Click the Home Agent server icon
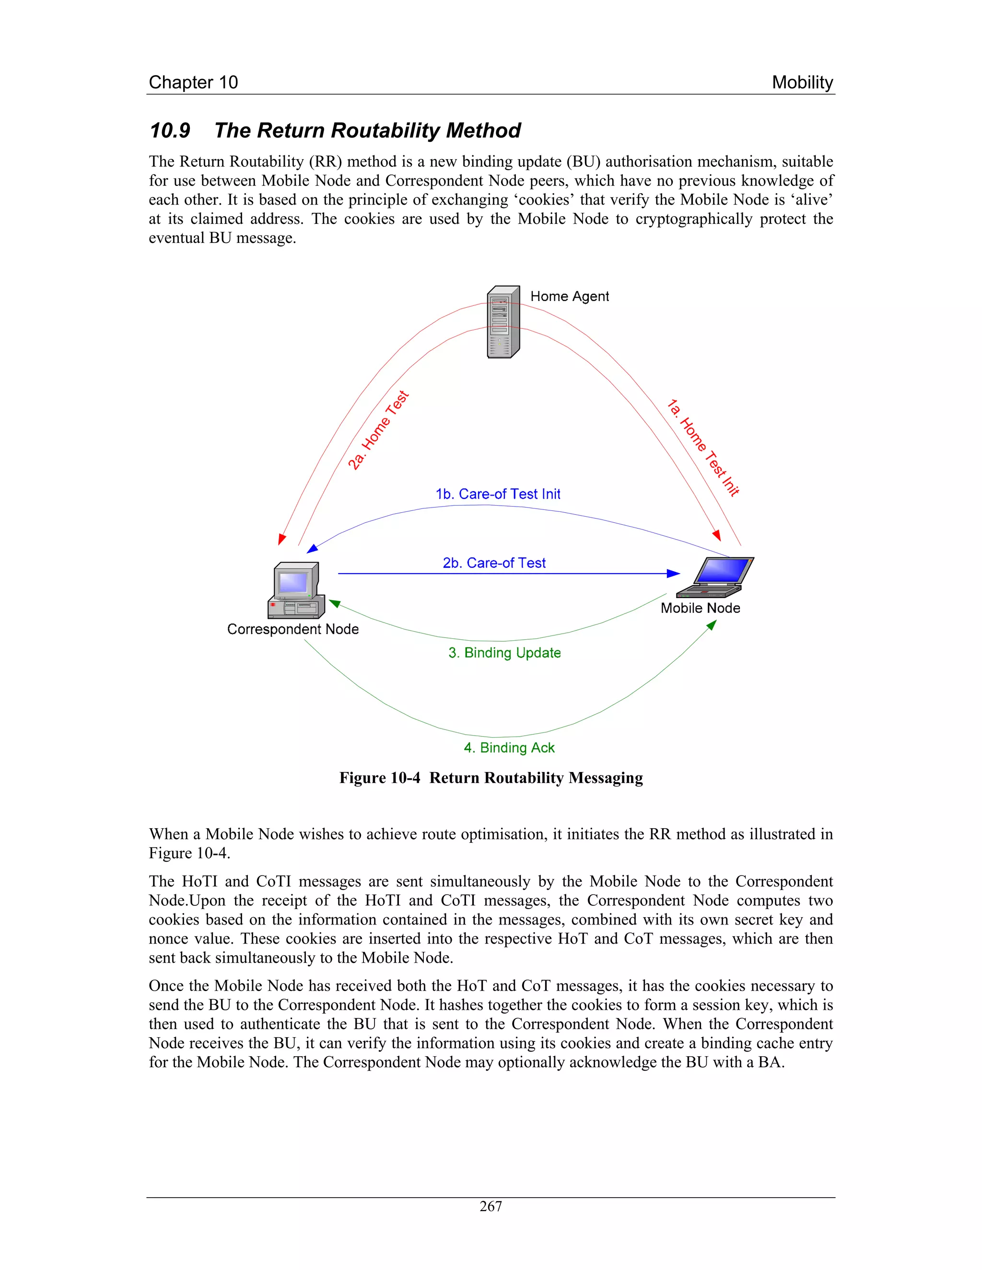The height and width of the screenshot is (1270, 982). point(503,322)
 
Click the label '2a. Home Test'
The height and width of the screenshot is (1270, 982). point(379,430)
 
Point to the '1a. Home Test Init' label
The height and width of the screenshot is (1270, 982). point(703,447)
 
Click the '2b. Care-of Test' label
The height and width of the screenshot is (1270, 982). point(494,563)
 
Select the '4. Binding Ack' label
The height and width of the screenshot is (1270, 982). point(509,748)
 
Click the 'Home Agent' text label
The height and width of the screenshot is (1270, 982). point(570,297)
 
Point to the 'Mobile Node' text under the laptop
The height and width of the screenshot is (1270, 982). point(701,608)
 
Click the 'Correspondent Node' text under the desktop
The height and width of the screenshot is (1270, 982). point(292,629)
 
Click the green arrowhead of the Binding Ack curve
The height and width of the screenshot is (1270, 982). point(712,624)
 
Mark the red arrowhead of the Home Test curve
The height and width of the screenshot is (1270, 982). point(281,539)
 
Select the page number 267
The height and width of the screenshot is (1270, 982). point(491,1207)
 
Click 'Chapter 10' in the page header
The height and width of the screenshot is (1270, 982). point(193,82)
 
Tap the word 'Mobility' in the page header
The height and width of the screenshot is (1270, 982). point(802,82)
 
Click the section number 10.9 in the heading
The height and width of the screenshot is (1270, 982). point(170,130)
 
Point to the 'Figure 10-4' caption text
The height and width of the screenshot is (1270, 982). point(380,778)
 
